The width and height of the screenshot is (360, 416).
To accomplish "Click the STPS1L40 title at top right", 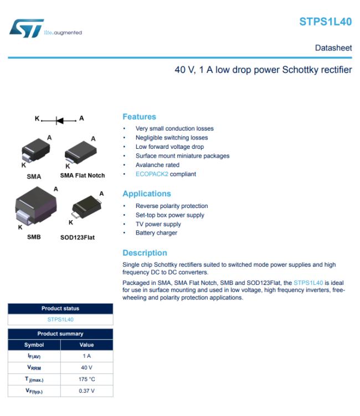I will coord(325,22).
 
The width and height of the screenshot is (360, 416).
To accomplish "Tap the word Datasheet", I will coord(333,48).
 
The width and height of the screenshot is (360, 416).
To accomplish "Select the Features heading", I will coord(139,117).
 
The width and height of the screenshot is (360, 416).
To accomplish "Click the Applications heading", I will coord(146,194).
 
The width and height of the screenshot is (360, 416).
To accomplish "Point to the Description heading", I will coord(145,253).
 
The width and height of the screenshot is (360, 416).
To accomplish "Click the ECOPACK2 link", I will coord(152,174).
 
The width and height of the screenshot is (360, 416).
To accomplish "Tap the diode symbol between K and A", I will coord(59,119).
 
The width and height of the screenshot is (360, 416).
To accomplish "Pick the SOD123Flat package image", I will coord(84,208).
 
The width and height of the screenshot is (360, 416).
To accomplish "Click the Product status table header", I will coord(60,309).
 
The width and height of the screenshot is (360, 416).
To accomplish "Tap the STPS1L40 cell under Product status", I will coord(60,319).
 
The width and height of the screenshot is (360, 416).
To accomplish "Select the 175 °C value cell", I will coord(86,379).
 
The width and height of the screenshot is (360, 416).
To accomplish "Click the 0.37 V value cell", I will coord(86,391).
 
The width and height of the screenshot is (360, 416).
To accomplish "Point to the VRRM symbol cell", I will coord(34,367).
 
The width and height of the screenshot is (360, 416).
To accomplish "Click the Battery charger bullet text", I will coord(156,233).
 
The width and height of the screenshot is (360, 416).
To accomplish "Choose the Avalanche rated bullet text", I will coord(157,165).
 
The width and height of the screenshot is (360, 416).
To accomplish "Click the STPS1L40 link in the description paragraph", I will coord(308,283).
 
